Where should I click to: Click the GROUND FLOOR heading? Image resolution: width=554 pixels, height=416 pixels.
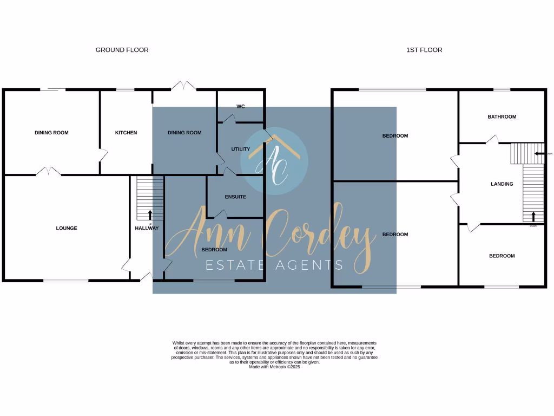(122, 50)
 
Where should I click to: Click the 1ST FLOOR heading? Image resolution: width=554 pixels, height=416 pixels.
(424, 50)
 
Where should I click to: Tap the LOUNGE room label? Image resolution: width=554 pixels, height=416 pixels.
(67, 228)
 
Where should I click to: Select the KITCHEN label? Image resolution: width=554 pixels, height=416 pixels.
(126, 133)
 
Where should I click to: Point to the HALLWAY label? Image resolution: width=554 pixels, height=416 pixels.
(147, 229)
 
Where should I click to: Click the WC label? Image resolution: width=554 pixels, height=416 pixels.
(241, 107)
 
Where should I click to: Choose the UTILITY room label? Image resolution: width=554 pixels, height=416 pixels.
(240, 149)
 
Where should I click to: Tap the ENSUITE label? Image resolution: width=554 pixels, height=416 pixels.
(235, 197)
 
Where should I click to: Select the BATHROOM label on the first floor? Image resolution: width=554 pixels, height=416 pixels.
(502, 116)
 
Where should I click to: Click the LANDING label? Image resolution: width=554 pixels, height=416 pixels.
(502, 184)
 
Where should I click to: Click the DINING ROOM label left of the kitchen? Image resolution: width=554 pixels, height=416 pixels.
(51, 133)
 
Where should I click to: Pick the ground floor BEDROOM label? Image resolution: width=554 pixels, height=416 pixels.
(214, 250)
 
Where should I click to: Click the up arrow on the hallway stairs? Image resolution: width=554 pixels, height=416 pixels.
(150, 215)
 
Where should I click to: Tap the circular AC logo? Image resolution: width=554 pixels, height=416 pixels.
(274, 161)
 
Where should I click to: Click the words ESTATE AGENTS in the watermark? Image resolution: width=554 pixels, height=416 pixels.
(274, 265)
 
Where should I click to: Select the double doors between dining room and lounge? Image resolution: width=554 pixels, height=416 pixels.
(49, 171)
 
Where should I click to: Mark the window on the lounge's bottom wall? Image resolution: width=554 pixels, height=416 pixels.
(66, 280)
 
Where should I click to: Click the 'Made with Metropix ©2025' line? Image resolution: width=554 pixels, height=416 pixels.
(274, 367)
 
